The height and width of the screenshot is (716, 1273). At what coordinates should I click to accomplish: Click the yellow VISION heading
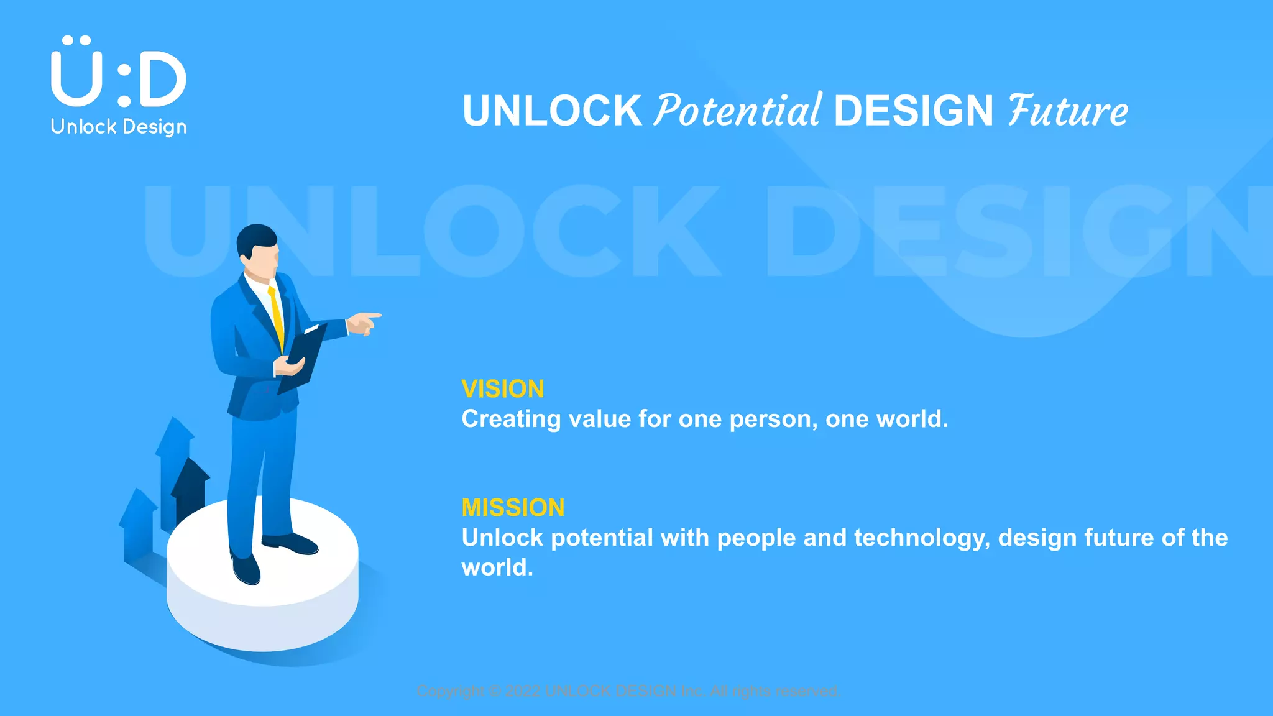click(x=503, y=390)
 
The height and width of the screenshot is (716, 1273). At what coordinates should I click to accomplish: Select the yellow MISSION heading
click(x=513, y=508)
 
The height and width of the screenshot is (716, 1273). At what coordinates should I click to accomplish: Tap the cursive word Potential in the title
click(x=738, y=111)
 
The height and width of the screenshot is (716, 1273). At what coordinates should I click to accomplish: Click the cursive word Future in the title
click(x=1068, y=111)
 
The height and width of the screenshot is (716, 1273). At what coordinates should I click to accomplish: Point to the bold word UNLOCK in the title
click(x=552, y=111)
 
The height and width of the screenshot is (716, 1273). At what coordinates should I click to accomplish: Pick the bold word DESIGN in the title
click(x=913, y=111)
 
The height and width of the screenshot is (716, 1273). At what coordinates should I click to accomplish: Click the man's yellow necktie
click(x=277, y=317)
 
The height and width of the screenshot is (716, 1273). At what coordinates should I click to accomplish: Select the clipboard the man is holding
click(x=303, y=357)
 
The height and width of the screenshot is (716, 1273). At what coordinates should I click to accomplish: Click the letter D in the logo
click(x=162, y=79)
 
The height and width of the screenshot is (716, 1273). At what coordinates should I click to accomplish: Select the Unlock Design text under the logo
click(x=119, y=127)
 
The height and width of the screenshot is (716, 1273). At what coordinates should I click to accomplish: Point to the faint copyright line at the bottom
click(x=628, y=691)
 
